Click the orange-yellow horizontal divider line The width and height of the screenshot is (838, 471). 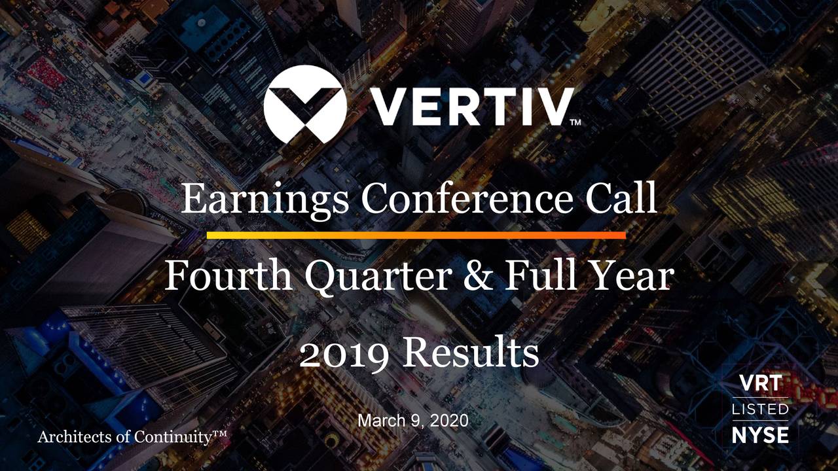click(x=416, y=235)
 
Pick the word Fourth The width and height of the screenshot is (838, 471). click(x=228, y=276)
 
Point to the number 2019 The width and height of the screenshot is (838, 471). click(x=344, y=354)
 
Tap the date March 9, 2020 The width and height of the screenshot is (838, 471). click(x=413, y=421)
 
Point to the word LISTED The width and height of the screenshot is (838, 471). click(x=760, y=410)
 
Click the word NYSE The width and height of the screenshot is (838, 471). click(x=760, y=435)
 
